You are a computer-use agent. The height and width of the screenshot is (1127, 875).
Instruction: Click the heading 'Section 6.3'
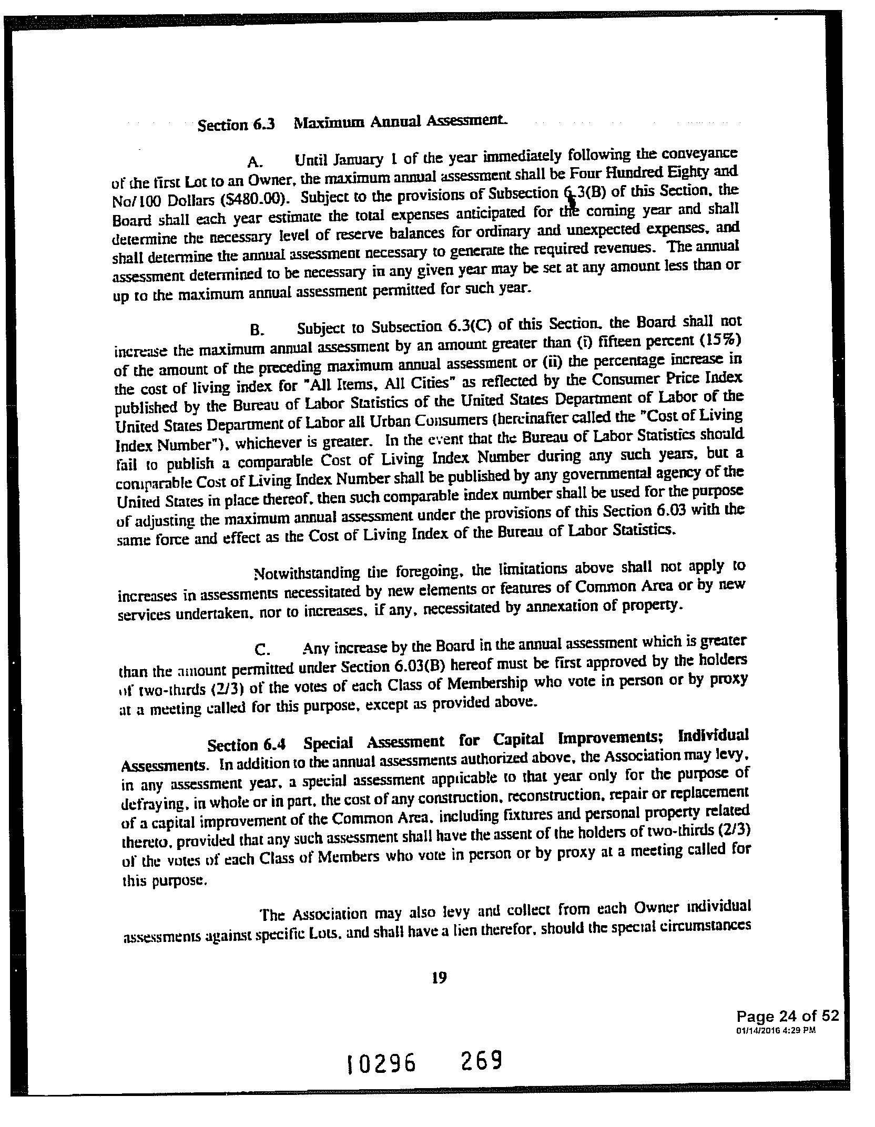(x=236, y=125)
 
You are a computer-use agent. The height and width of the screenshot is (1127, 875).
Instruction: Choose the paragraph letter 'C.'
(x=262, y=650)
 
